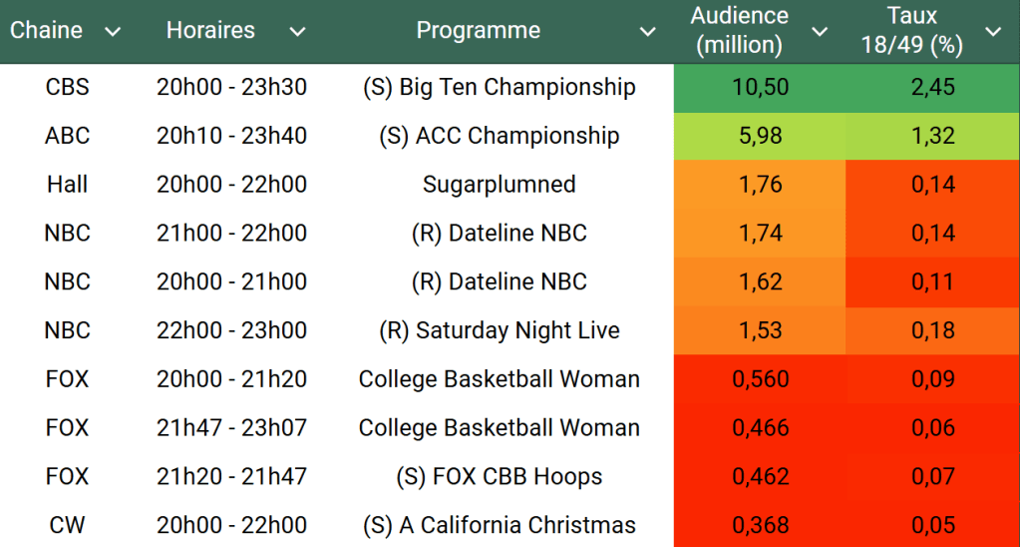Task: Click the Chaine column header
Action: pyautogui.click(x=46, y=31)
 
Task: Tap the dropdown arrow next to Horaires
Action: pyautogui.click(x=297, y=32)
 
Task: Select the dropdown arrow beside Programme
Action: pyautogui.click(x=648, y=32)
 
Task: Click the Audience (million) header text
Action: pyautogui.click(x=739, y=31)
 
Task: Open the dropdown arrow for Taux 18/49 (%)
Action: pyautogui.click(x=993, y=32)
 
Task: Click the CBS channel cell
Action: pyautogui.click(x=67, y=87)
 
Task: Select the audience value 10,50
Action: pyautogui.click(x=760, y=87)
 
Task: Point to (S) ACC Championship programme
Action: pyautogui.click(x=499, y=136)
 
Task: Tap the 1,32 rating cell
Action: pyautogui.click(x=932, y=136)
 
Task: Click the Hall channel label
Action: pyautogui.click(x=67, y=185)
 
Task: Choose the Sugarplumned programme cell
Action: pyautogui.click(x=499, y=185)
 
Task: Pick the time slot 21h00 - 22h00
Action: pyautogui.click(x=231, y=234)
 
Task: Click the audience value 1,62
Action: pyautogui.click(x=760, y=282)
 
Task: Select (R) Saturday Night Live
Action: pyautogui.click(x=499, y=330)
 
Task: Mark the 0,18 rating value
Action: pyautogui.click(x=932, y=330)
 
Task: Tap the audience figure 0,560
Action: pyautogui.click(x=760, y=379)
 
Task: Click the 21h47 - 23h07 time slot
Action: pyautogui.click(x=231, y=428)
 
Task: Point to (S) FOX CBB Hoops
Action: pyautogui.click(x=499, y=477)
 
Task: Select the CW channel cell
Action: pyautogui.click(x=67, y=525)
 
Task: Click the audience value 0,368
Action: pyautogui.click(x=760, y=525)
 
